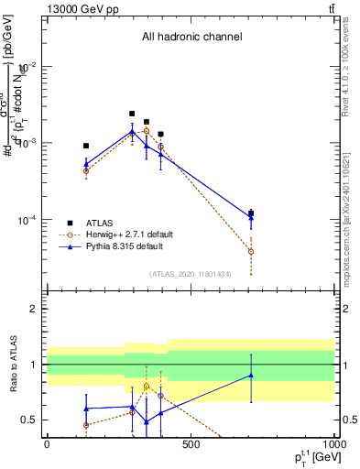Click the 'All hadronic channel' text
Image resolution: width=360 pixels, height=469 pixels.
[191, 38]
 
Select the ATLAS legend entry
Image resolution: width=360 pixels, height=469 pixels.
[101, 223]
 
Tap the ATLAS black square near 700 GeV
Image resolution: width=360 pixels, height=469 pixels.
[251, 213]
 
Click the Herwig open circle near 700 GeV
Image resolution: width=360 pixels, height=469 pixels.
[251, 251]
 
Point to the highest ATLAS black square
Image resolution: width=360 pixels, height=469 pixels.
[132, 114]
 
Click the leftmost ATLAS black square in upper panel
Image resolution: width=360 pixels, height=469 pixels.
[86, 146]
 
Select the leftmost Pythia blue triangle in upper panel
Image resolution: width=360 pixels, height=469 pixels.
[86, 164]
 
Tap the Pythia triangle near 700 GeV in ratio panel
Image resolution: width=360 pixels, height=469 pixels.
[251, 375]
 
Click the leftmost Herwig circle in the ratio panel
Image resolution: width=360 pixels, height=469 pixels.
[86, 425]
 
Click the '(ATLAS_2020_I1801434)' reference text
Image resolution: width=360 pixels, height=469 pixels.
[191, 274]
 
